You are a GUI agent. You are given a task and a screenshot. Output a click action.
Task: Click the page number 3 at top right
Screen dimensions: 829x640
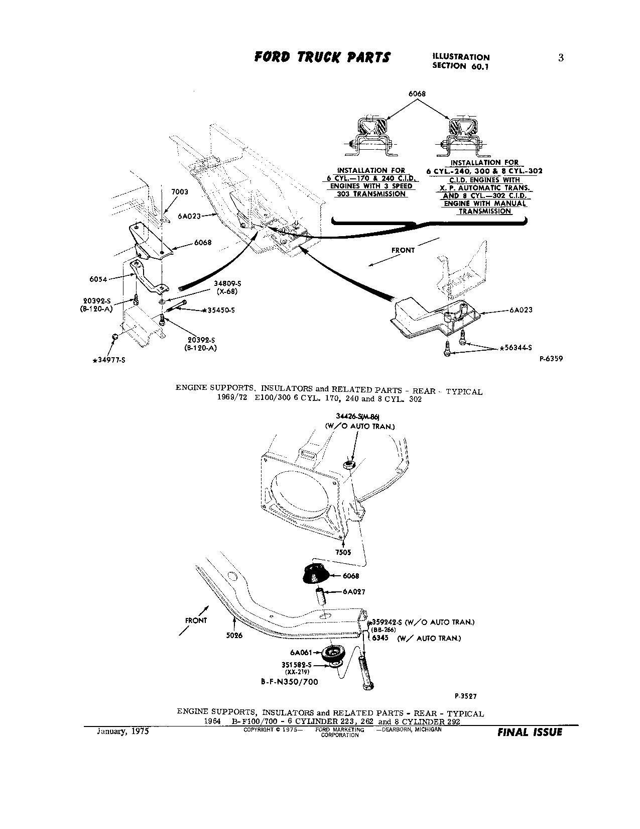click(561, 58)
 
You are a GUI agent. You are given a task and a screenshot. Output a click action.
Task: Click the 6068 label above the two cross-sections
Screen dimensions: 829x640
click(417, 93)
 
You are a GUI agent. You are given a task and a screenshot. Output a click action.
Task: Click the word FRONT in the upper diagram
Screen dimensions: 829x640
click(403, 250)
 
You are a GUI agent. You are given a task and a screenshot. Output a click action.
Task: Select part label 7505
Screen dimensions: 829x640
click(343, 552)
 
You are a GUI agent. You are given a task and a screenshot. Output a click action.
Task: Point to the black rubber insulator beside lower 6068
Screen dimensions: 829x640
click(315, 574)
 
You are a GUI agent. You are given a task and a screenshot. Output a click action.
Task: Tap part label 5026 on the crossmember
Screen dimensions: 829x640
click(234, 635)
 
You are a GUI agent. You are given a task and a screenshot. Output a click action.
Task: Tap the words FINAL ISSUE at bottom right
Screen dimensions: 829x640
click(530, 732)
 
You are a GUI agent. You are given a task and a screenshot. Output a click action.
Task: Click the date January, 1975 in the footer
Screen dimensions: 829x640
click(122, 732)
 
